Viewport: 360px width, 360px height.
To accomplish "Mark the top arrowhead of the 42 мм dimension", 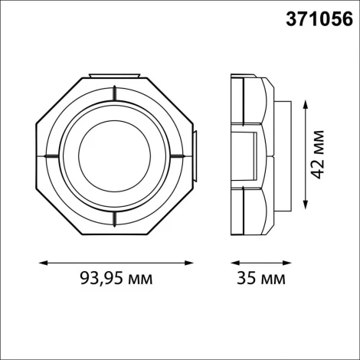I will click(x=306, y=102).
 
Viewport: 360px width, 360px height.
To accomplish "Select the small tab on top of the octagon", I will click(x=115, y=76).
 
